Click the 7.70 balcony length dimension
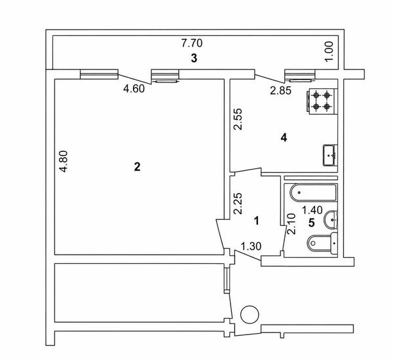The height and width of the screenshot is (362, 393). (x=192, y=43)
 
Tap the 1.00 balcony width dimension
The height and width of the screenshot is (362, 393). (x=330, y=51)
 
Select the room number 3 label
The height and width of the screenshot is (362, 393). (x=194, y=58)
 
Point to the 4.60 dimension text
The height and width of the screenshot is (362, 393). (x=134, y=88)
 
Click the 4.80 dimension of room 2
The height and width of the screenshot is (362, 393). (x=64, y=161)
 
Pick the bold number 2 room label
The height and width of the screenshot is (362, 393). (x=137, y=166)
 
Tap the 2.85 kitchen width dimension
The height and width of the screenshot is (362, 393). (x=281, y=90)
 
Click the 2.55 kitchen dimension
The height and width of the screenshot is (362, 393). (x=238, y=118)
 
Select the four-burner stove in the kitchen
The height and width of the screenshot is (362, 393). (x=322, y=101)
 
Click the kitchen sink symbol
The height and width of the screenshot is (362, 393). (x=330, y=155)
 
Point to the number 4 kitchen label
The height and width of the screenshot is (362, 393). (x=284, y=137)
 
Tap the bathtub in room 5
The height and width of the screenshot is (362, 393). (x=313, y=192)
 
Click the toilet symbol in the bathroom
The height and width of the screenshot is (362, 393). (x=322, y=242)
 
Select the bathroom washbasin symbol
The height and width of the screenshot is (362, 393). (x=331, y=220)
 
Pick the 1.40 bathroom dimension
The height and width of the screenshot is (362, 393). (x=312, y=210)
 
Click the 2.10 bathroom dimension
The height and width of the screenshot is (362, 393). (x=291, y=223)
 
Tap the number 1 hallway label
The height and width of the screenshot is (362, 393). (x=256, y=221)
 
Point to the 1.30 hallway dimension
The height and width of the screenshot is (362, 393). (x=251, y=246)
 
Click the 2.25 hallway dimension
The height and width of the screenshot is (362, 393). (x=238, y=203)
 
